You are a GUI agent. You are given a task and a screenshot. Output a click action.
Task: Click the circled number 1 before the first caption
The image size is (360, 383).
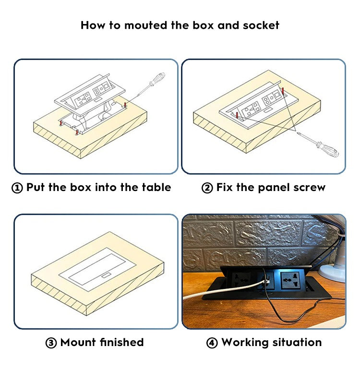click(17, 188)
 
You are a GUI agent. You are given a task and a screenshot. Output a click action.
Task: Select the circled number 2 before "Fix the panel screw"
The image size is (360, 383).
click(207, 188)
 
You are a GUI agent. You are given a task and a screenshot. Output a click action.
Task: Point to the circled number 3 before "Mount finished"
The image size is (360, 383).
click(51, 343)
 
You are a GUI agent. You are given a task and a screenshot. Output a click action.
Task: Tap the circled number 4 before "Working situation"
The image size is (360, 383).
click(212, 343)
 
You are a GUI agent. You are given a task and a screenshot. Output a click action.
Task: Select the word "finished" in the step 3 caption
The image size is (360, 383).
click(122, 342)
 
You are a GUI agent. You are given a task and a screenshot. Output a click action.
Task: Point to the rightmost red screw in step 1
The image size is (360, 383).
click(126, 104)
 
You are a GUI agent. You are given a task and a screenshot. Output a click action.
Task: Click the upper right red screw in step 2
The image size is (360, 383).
click(283, 90)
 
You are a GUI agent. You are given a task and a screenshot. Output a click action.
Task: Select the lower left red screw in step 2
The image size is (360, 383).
click(237, 115)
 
